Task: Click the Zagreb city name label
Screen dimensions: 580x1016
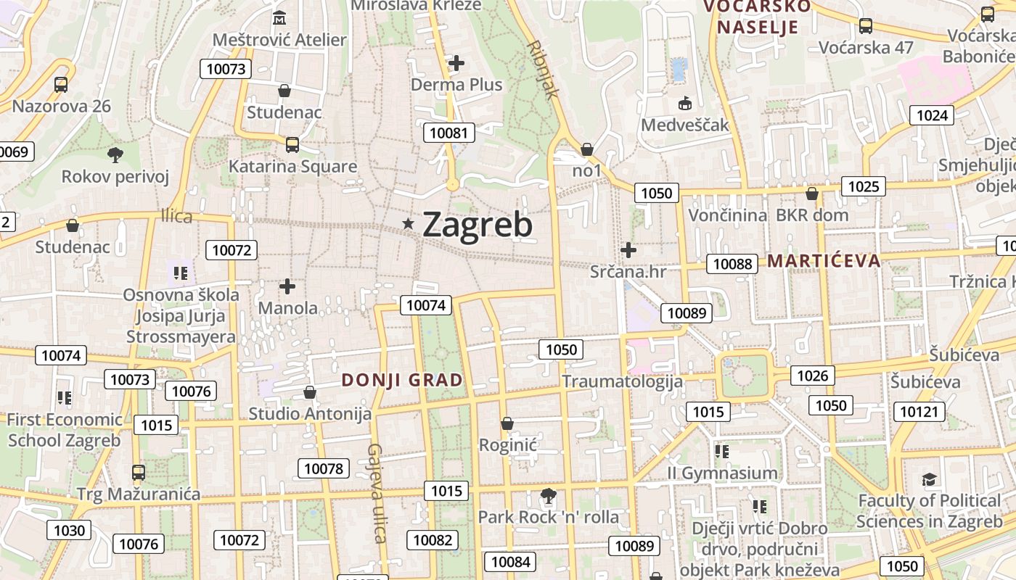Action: (x=477, y=225)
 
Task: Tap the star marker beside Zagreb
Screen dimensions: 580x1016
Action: (x=409, y=225)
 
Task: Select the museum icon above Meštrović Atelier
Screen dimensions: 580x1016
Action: (x=279, y=17)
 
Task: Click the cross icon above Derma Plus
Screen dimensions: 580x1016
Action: (x=456, y=64)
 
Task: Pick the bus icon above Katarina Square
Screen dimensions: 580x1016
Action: (x=292, y=145)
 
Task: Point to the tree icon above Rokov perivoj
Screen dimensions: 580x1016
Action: (x=115, y=154)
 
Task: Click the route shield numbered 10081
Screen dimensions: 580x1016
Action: (x=450, y=133)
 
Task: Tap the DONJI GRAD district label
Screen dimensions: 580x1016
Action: (x=402, y=380)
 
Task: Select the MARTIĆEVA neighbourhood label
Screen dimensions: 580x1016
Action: (x=824, y=260)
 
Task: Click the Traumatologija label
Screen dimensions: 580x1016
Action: (x=622, y=381)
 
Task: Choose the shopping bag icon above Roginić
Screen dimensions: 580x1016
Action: (x=507, y=423)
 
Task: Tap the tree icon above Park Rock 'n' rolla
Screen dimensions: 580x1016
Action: (x=549, y=497)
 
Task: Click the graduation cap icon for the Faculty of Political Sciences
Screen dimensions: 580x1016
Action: (x=929, y=479)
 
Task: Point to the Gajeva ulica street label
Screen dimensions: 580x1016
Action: (x=376, y=493)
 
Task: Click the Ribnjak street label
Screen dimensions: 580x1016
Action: (x=544, y=69)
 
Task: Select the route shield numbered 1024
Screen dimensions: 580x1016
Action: (x=932, y=115)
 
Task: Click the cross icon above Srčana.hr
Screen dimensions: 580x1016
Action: (x=628, y=251)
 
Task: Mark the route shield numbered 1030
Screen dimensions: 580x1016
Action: (x=70, y=530)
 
